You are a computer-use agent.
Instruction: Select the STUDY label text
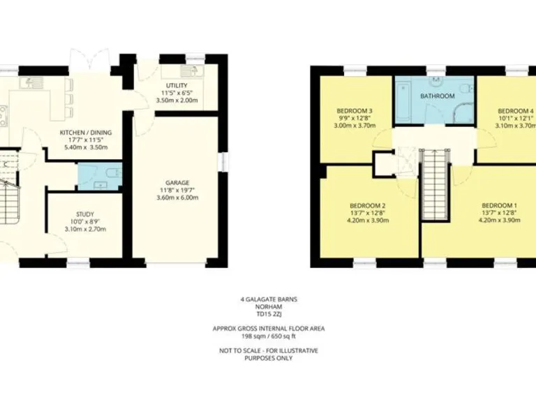85,214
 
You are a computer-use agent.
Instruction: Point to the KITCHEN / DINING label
86,133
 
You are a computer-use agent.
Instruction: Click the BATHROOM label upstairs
438,96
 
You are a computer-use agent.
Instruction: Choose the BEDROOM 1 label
500,204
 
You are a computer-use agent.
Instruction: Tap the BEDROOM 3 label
355,110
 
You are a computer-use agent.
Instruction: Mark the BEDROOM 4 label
515,110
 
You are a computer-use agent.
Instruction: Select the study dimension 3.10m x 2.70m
85,230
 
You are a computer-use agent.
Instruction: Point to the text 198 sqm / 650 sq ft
268,336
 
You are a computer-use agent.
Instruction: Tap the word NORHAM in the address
268,306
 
